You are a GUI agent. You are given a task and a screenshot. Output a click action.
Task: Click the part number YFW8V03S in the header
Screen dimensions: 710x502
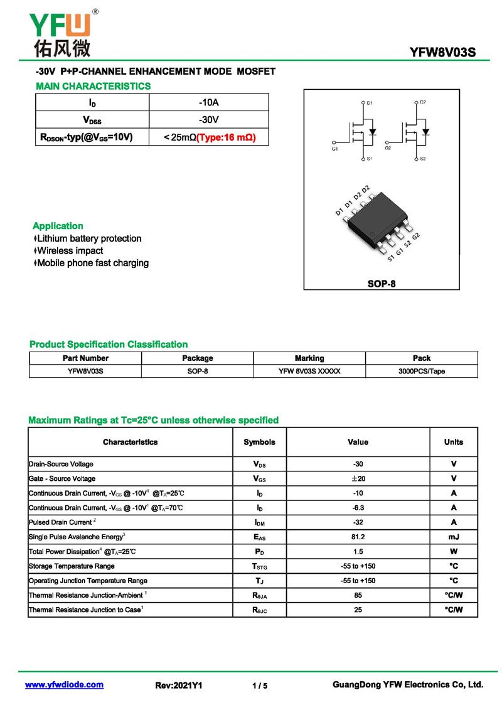tap(443, 53)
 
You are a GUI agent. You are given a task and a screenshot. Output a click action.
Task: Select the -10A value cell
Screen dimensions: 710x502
tap(208, 102)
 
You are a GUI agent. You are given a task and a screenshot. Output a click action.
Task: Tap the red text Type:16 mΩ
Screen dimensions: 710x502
tap(227, 137)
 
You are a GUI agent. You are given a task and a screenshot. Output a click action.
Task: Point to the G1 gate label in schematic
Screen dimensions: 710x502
tap(334, 149)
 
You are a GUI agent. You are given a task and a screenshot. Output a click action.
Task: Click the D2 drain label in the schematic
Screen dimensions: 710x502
tap(423, 102)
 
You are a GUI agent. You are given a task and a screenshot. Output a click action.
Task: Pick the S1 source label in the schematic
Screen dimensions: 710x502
tap(370, 159)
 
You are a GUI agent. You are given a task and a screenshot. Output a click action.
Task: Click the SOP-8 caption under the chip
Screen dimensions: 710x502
tap(382, 284)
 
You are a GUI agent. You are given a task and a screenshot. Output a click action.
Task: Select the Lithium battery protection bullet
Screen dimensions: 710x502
tap(89, 239)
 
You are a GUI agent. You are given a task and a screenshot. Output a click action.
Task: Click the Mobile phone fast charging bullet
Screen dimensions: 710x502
tap(93, 263)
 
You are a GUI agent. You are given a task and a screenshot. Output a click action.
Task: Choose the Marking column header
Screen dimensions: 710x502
tap(309, 358)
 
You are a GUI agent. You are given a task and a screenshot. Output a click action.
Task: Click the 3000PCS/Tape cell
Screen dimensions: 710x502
tap(422, 371)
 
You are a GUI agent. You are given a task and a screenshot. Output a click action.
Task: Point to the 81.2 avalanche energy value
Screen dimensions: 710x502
tap(358, 537)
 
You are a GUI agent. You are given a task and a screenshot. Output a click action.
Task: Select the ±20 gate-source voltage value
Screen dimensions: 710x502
tap(358, 479)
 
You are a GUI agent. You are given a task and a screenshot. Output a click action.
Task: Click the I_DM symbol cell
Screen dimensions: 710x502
tap(259, 523)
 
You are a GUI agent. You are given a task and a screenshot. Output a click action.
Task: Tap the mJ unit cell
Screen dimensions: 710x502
tap(454, 537)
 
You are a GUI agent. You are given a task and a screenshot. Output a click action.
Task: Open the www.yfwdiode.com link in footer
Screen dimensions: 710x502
tap(64, 685)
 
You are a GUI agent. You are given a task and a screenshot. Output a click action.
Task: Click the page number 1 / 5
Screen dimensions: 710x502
tap(260, 686)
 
